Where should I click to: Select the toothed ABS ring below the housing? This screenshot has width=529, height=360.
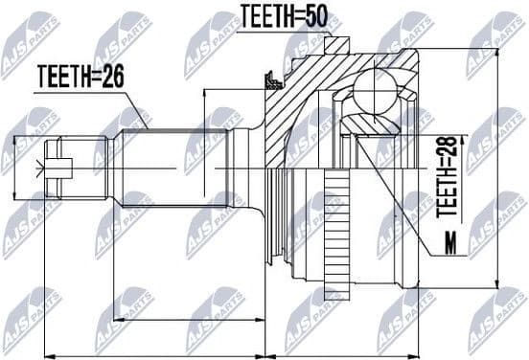336,225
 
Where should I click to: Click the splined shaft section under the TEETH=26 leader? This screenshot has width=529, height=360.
172,166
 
